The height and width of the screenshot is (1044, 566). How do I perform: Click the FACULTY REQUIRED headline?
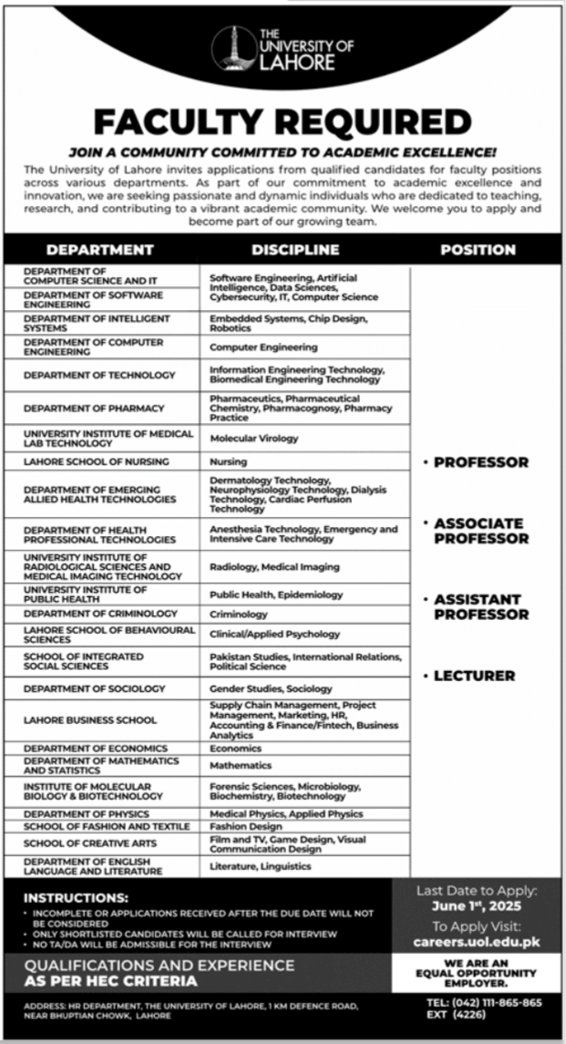point(283,122)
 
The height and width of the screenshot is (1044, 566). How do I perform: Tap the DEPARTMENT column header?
point(99,249)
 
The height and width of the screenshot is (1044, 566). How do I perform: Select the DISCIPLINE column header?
point(295,249)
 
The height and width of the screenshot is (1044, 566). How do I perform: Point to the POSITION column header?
point(478,249)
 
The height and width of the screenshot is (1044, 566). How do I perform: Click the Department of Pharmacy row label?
point(94,408)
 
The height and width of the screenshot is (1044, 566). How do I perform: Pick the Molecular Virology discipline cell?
point(254,439)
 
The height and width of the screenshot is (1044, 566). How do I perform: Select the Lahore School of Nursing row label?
point(97,462)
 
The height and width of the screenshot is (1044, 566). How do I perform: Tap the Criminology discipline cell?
point(239,615)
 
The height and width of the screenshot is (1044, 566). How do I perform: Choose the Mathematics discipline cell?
point(241,766)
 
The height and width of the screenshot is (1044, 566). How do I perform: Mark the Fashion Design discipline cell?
point(246,826)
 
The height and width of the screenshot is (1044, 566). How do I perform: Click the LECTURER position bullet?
point(474,676)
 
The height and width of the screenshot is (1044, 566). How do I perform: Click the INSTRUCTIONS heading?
point(76,897)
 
